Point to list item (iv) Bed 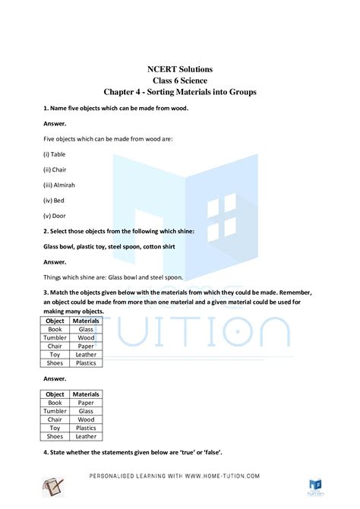click(52, 200)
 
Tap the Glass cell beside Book click(86, 330)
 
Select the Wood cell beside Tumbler click(86, 338)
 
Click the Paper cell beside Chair click(86, 346)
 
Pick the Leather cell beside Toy click(86, 355)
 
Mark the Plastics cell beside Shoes click(86, 363)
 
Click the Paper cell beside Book click(86, 403)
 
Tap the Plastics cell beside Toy click(86, 428)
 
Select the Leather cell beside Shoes click(86, 437)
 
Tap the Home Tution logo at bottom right click(316, 486)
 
